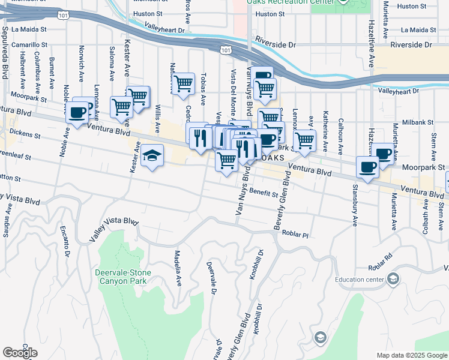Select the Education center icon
393,278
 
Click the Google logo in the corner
20,353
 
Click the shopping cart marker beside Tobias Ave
183,84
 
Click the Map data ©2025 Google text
411,355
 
